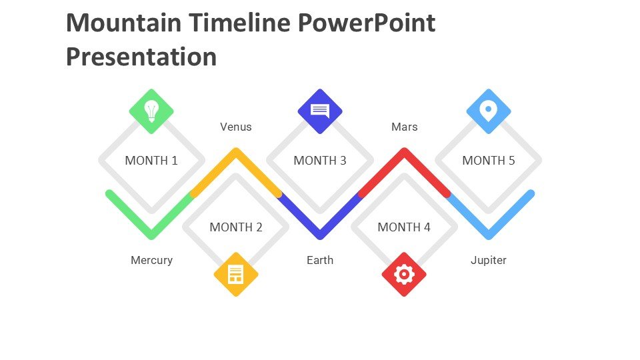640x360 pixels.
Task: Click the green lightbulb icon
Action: [151, 111]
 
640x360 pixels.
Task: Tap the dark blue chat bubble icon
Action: [320, 111]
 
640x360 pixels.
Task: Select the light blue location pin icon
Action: [489, 111]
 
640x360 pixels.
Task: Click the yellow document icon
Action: [236, 274]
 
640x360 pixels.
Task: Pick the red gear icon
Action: [404, 274]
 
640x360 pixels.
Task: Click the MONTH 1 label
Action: [151, 161]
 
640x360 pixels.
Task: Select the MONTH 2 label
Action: [236, 227]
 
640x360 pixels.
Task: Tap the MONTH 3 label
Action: [320, 161]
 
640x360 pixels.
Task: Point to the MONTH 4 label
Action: [404, 227]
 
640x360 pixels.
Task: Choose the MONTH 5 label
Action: [489, 161]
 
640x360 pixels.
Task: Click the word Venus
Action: [236, 127]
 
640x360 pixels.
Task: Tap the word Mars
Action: [405, 127]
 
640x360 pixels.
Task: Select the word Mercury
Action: [151, 261]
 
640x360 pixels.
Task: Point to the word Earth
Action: [320, 260]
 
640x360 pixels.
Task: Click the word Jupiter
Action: [489, 261]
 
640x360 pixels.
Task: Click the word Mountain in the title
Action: [123, 23]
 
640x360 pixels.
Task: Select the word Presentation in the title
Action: [141, 57]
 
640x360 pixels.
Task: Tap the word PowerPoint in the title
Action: [367, 23]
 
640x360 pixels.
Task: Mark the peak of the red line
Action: [404, 151]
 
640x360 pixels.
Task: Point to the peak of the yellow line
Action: [236, 151]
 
